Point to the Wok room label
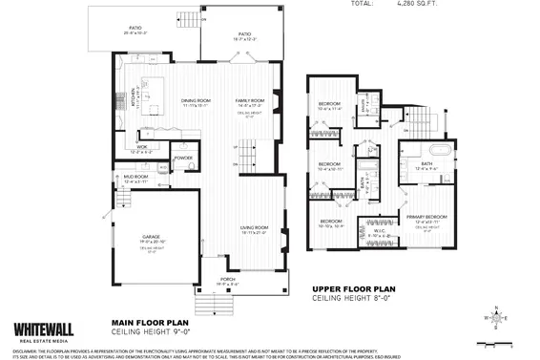tap(141, 148)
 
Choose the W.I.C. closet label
tap(376, 229)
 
